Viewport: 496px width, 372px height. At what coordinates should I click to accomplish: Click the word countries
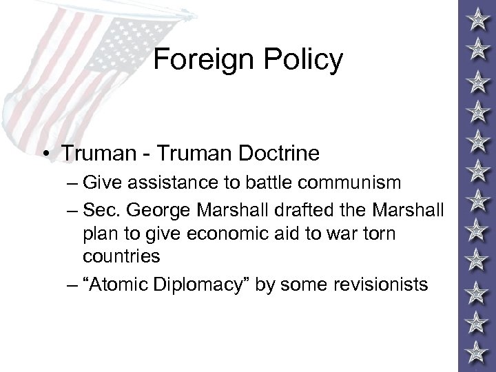[121, 256]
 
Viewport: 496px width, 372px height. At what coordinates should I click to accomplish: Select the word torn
[378, 232]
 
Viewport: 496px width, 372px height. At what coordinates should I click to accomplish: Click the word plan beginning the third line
[99, 232]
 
